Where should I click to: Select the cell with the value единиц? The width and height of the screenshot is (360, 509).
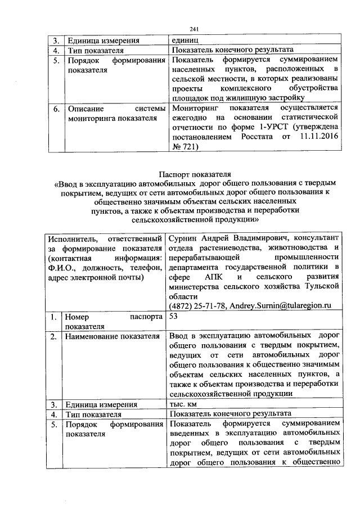(183, 40)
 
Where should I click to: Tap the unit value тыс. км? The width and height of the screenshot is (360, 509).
(186, 404)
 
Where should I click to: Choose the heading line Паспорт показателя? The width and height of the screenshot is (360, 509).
(195, 173)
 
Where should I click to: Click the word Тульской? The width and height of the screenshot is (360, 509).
(320, 287)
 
